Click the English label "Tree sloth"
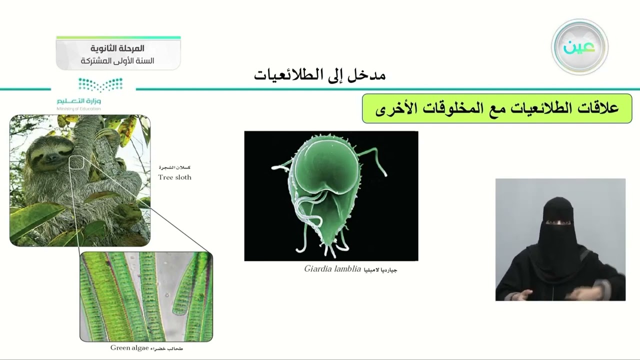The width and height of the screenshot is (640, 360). coord(174,177)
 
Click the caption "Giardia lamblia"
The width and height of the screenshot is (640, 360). coord(332,268)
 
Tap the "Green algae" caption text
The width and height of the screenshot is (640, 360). coord(129,347)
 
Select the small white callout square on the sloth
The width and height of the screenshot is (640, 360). coord(76,162)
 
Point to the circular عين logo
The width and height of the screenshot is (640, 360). coord(579,47)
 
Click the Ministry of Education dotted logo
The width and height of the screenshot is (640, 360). coord(100,84)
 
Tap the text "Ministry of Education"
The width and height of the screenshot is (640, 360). coord(78,108)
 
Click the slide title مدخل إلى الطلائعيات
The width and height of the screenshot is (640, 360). coord(319,75)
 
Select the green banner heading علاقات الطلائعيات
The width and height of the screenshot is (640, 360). coord(496,108)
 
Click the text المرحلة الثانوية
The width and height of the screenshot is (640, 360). coord(117,48)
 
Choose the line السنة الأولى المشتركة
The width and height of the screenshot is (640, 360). coord(117,60)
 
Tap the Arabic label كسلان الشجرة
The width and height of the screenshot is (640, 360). coord(174,167)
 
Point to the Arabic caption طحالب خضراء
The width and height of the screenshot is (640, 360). coord(167,348)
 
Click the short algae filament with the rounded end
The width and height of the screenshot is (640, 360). coord(187,290)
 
